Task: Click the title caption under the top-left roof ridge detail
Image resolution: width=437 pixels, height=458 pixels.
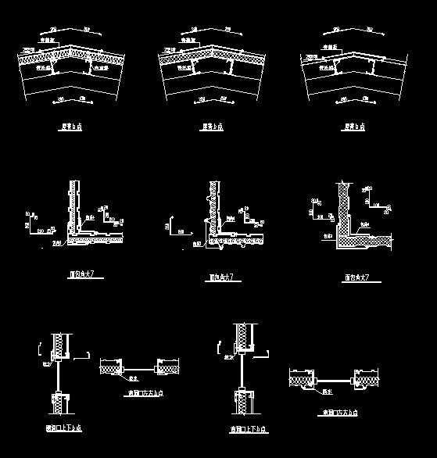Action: pos(71,126)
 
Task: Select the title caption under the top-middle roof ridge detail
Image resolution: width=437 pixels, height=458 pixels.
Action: pos(212,126)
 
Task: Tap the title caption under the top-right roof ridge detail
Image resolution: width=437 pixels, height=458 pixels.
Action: pos(355,126)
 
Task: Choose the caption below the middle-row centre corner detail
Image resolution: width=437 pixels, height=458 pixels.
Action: pos(220,277)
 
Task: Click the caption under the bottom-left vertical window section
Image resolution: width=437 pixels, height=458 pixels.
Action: pos(64,428)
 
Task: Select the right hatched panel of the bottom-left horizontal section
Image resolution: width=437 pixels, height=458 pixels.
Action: pos(170,367)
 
